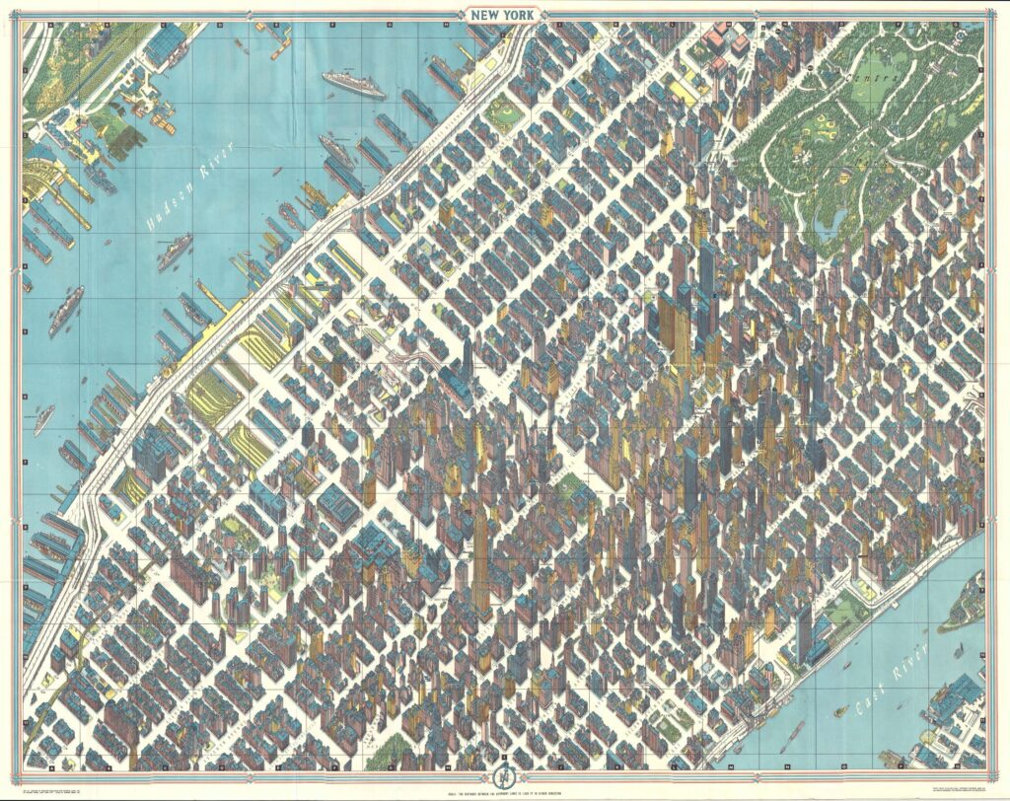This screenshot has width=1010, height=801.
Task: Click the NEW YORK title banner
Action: [505, 17]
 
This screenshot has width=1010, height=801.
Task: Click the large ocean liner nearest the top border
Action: [353, 83]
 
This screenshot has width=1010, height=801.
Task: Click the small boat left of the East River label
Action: [841, 709]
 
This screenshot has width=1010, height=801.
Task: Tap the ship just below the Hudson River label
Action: [175, 252]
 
